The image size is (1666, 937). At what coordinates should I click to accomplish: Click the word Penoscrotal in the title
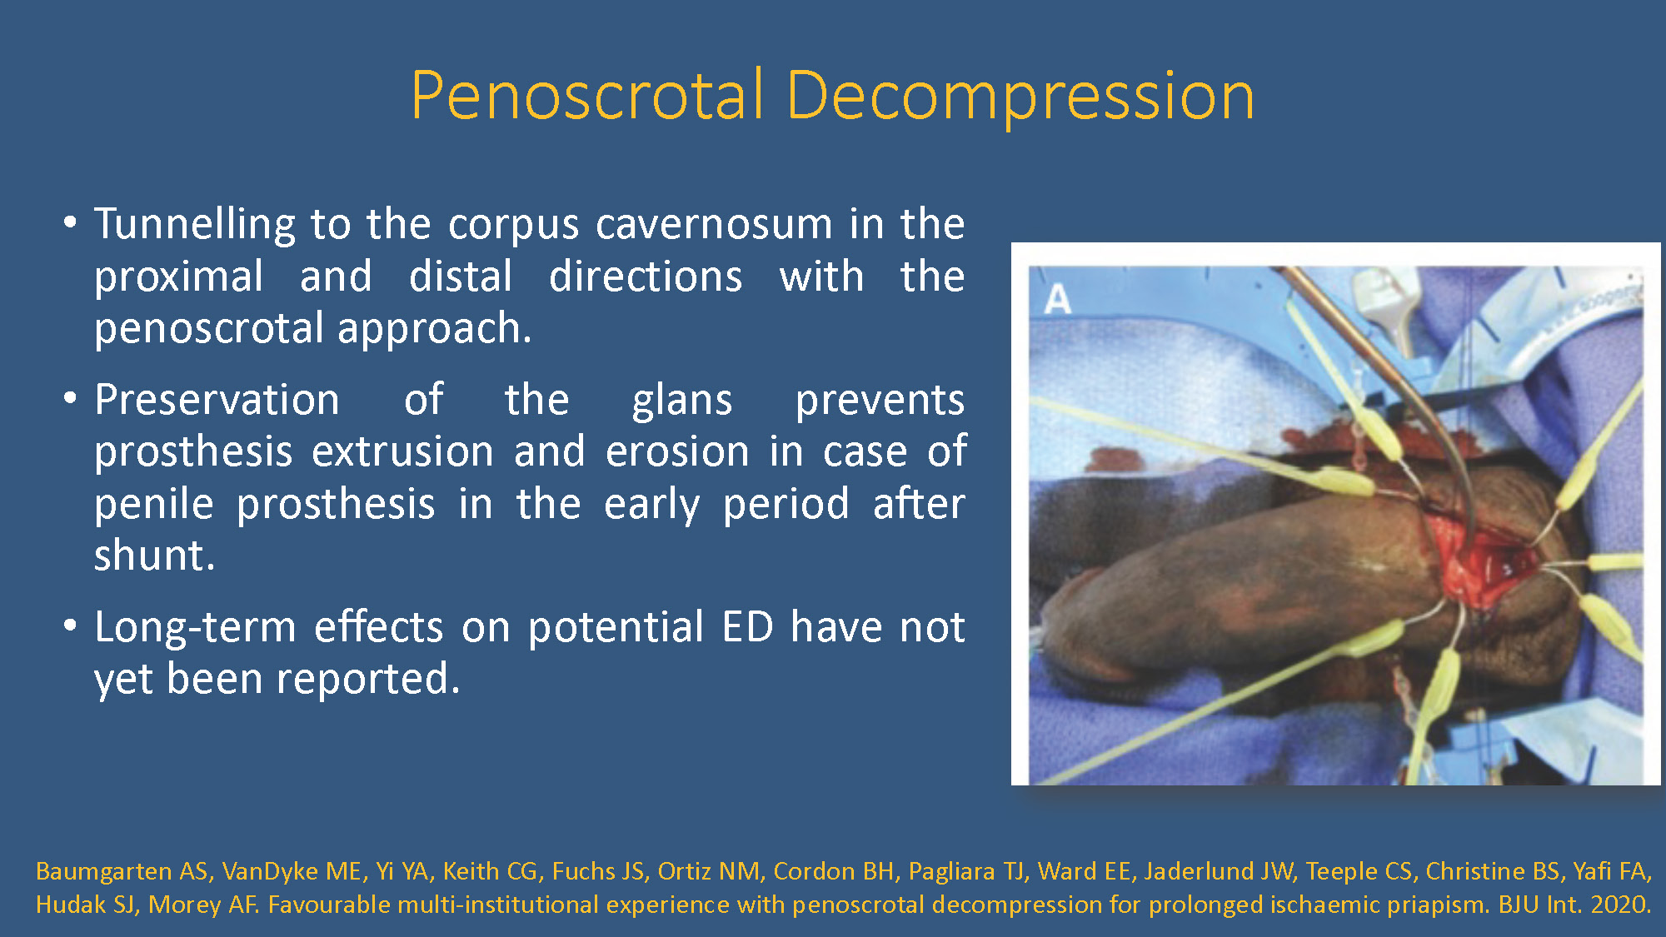[586, 95]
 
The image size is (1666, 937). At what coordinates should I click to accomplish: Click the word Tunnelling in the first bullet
[195, 225]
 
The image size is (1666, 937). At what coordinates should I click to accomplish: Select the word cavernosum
[714, 225]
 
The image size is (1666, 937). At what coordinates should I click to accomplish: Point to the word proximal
[179, 278]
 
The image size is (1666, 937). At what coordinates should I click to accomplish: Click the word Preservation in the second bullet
[217, 400]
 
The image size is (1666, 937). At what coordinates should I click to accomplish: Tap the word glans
[682, 401]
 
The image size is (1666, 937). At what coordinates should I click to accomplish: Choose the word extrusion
[403, 451]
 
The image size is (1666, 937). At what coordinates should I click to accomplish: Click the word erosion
[677, 451]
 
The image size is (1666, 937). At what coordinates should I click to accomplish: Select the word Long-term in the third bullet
[196, 629]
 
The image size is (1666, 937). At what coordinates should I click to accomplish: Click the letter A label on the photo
[1057, 299]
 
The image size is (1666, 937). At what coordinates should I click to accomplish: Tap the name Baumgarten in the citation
[104, 872]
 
